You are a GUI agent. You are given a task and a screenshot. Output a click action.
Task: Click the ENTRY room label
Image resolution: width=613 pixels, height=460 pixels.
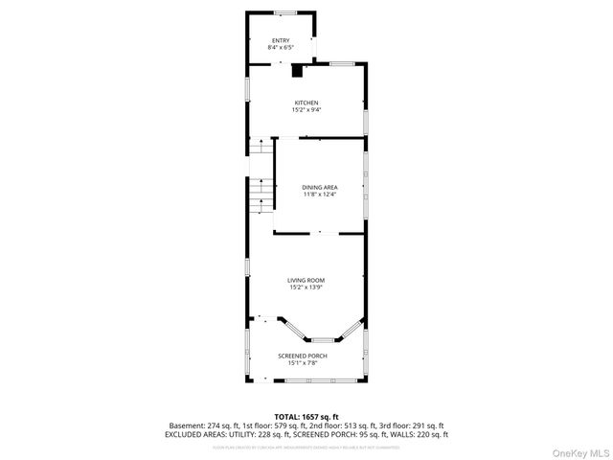(281, 40)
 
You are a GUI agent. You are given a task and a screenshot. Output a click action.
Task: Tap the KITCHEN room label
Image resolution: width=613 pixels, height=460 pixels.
(306, 103)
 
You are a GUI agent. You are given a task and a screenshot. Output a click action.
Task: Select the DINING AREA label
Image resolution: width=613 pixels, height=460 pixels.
(319, 187)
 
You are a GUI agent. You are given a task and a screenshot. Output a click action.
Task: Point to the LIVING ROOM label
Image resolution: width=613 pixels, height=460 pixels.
(306, 280)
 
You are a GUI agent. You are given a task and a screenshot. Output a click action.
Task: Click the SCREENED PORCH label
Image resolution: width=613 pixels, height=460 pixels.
(303, 356)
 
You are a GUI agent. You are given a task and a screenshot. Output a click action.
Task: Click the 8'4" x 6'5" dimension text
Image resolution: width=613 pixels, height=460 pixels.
(281, 47)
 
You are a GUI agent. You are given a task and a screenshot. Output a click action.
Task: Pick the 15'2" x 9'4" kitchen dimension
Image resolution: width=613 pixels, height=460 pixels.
(306, 109)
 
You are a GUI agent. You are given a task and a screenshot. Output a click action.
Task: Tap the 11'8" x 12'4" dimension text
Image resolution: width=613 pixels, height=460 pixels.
(319, 194)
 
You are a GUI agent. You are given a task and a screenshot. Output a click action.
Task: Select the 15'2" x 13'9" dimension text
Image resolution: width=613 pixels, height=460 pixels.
(306, 287)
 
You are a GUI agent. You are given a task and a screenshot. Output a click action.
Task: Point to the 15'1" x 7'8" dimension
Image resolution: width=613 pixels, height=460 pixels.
(303, 362)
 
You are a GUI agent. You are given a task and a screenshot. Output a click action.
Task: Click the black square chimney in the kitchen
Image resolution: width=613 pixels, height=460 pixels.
(297, 70)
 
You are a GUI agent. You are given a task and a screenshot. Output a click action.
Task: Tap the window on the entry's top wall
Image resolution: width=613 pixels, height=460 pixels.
(284, 12)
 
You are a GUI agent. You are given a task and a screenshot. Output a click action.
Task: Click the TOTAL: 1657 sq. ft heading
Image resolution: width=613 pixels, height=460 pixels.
(306, 417)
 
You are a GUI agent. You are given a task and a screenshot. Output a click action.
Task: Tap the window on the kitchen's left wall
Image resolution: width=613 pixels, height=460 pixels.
(248, 89)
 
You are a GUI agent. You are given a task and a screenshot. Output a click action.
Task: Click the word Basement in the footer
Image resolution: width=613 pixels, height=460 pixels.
(187, 425)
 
